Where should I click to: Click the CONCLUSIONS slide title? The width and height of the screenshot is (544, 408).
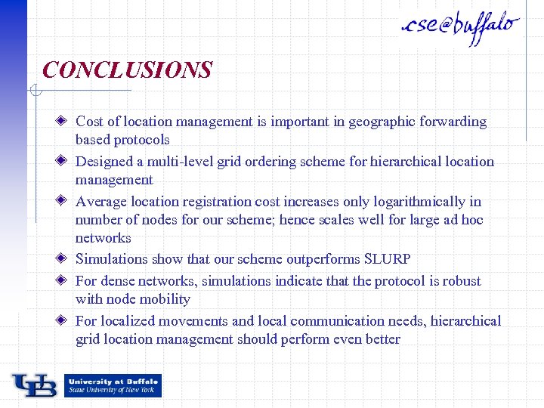pos(127,70)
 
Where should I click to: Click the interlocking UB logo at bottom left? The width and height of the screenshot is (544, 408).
pos(34,385)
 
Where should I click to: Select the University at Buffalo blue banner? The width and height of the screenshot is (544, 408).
pos(113,385)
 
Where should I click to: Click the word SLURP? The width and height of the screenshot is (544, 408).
pos(387,259)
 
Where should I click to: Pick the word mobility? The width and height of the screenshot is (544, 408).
pos(164,299)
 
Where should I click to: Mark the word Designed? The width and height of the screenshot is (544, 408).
pos(104,162)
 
